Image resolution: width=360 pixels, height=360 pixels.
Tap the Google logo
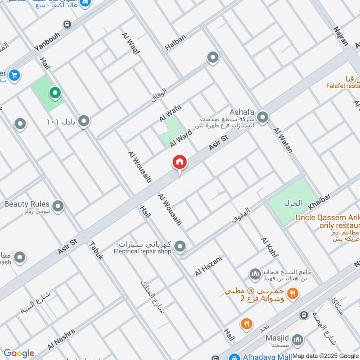pyautogui.click(x=19, y=353)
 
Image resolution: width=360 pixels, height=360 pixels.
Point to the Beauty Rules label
pyautogui.click(x=27, y=204)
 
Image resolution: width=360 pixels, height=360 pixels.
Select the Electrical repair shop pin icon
pyautogui.click(x=180, y=246)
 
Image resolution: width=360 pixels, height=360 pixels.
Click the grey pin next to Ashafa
pyautogui.click(x=263, y=118)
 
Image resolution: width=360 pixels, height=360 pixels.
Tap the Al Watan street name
pyautogui.click(x=283, y=139)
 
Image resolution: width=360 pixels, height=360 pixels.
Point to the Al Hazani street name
pyautogui.click(x=208, y=266)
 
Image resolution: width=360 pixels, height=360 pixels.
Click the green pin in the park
pyautogui.click(x=55, y=93)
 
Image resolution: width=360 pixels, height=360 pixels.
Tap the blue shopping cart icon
pyautogui.click(x=13, y=74)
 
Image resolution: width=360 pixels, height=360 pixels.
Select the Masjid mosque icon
pyautogui.click(x=297, y=340)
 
